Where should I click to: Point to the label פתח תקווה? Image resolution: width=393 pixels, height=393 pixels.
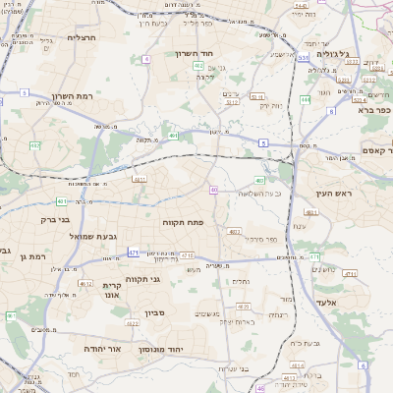pyautogui.click(x=183, y=223)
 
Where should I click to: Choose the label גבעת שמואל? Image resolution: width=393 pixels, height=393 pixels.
pyautogui.click(x=66, y=237)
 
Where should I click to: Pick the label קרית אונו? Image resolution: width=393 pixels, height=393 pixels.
pyautogui.click(x=111, y=290)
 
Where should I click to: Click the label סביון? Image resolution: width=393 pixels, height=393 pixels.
pyautogui.click(x=154, y=313)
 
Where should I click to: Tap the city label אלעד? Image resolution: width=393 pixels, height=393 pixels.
pyautogui.click(x=324, y=302)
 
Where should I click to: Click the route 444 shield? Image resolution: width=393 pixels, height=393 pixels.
pyautogui.click(x=306, y=99)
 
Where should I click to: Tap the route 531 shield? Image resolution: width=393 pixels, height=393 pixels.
pyautogui.click(x=305, y=58)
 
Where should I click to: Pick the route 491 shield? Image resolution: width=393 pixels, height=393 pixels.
pyautogui.click(x=173, y=136)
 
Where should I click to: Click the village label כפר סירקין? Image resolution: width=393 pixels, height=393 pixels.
pyautogui.click(x=258, y=240)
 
